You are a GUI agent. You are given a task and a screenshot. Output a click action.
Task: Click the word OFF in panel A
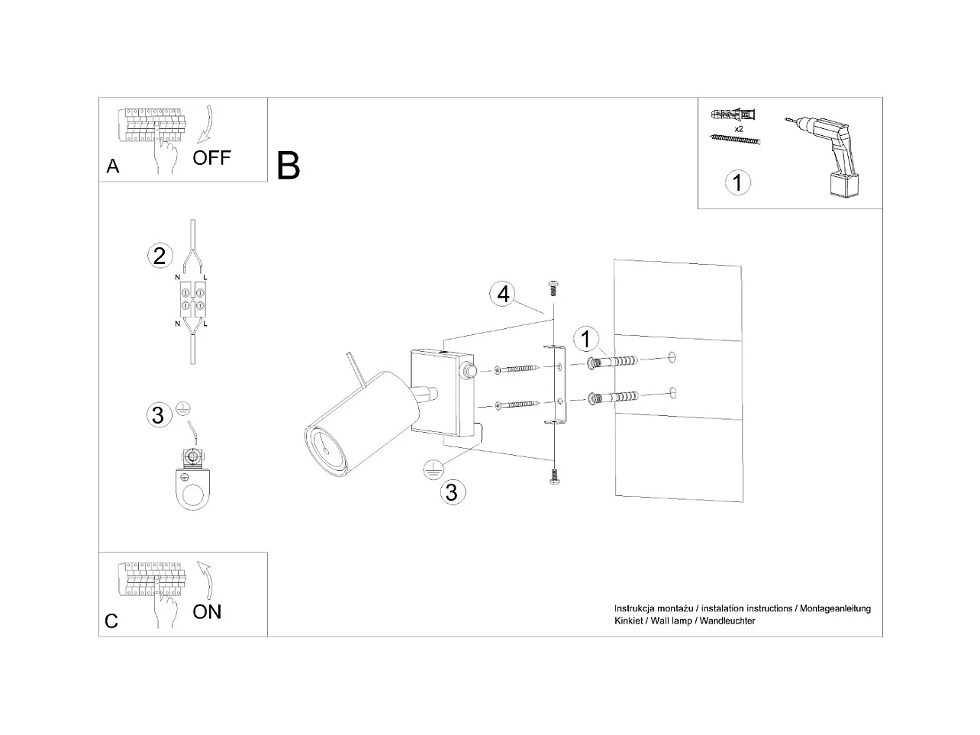[211, 157]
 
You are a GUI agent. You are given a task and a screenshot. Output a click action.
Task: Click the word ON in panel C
[207, 612]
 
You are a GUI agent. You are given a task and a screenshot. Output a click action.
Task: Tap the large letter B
[288, 166]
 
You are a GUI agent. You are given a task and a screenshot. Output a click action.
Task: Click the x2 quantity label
[739, 129]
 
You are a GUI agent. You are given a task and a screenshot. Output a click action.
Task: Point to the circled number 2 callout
[160, 256]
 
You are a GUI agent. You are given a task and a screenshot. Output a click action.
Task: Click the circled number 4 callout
[503, 294]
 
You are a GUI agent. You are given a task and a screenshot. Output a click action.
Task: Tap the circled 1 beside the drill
[737, 182]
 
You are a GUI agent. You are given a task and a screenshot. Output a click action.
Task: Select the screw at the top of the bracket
[553, 288]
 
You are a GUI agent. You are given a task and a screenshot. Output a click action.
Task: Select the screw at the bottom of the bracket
[554, 476]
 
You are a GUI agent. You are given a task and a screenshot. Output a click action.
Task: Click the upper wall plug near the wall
[613, 362]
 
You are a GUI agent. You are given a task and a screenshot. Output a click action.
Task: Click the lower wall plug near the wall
[613, 397]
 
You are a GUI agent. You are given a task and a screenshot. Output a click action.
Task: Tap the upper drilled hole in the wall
[672, 357]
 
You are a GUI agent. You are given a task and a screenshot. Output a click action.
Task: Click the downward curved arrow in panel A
[207, 124]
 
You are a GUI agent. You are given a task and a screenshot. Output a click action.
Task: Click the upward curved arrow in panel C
[206, 581]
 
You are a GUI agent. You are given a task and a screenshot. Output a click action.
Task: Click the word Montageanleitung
[835, 608]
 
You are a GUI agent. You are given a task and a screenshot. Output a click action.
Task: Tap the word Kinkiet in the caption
[628, 621]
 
